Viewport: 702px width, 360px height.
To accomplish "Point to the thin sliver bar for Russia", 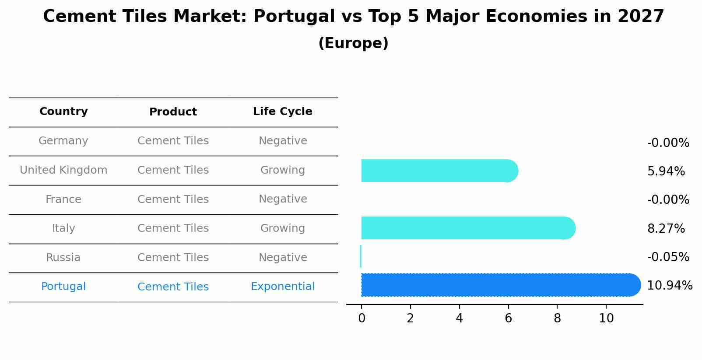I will (x=361, y=256).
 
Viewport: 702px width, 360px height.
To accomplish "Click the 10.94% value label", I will (x=669, y=286).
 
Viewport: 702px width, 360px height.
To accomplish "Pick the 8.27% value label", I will (x=666, y=228).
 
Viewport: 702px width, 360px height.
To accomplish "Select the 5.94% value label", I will (x=666, y=171).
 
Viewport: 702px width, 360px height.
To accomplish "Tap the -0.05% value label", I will (x=668, y=257).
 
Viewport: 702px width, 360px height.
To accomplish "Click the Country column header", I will (x=63, y=112).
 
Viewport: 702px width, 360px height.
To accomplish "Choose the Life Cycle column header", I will (x=282, y=112).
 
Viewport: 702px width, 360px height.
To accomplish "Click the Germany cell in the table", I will (x=63, y=141).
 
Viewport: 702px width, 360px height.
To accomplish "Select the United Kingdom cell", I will (x=63, y=170).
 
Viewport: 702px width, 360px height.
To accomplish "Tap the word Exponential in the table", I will (x=282, y=287).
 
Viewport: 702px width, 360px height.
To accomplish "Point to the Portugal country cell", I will (x=63, y=287).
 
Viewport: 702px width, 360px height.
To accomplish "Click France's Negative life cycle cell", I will (x=282, y=199).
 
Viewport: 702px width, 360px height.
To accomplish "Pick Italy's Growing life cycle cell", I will (x=282, y=228).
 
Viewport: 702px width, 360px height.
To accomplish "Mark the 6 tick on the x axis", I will (x=508, y=318).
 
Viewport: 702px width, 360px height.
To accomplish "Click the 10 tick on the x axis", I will (x=606, y=318).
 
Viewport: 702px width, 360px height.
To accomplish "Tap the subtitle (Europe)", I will (x=353, y=43).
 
